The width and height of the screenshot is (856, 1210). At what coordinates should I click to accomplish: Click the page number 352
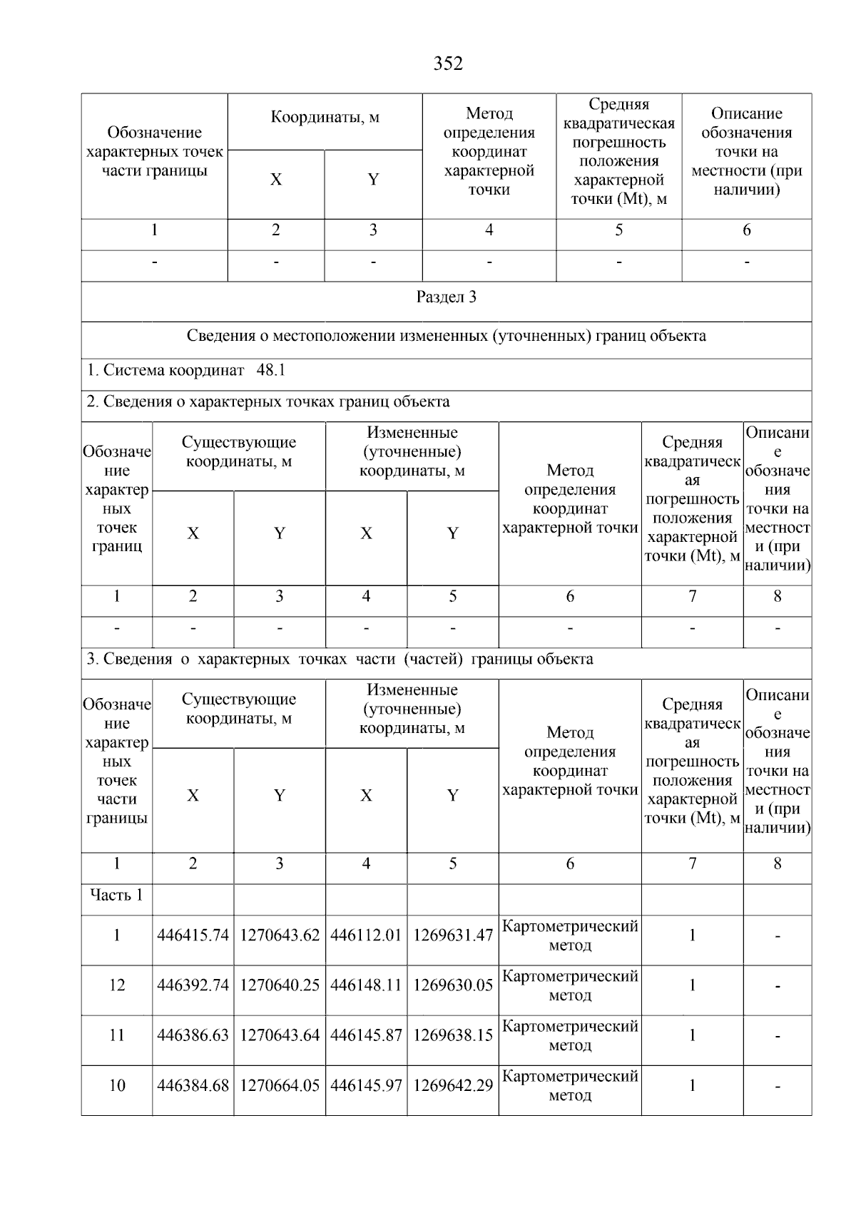click(x=448, y=64)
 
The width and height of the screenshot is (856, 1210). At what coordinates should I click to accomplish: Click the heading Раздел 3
click(x=446, y=297)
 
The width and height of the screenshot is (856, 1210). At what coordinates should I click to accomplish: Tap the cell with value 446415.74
click(x=193, y=935)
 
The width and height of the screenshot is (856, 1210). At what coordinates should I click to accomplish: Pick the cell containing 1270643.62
click(x=280, y=935)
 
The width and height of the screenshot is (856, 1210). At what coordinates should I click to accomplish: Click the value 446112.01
click(x=366, y=935)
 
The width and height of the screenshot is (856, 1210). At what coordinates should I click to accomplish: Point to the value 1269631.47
click(x=453, y=935)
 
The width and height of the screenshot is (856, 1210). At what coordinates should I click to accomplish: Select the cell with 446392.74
click(x=193, y=985)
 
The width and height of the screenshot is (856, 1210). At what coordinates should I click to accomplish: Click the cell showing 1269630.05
click(x=453, y=985)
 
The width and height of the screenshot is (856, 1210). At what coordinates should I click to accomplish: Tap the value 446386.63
click(x=193, y=1035)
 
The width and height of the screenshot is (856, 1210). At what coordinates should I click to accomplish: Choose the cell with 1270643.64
click(x=280, y=1035)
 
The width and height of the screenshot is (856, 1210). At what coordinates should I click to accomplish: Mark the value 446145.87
click(x=366, y=1035)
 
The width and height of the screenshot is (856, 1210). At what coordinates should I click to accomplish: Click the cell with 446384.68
click(x=193, y=1086)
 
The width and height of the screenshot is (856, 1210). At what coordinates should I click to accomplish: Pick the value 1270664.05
click(x=280, y=1086)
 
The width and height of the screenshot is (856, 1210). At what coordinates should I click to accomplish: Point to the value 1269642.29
click(x=453, y=1086)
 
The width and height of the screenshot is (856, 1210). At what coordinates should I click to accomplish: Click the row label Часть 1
click(x=116, y=895)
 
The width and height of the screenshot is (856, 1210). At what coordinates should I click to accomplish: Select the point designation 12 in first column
click(x=116, y=985)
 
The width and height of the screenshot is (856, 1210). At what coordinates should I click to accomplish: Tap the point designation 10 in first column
click(x=116, y=1086)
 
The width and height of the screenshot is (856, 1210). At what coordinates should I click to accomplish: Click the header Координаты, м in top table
click(x=325, y=118)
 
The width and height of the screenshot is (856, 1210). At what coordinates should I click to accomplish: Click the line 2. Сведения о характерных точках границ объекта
click(x=268, y=402)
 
